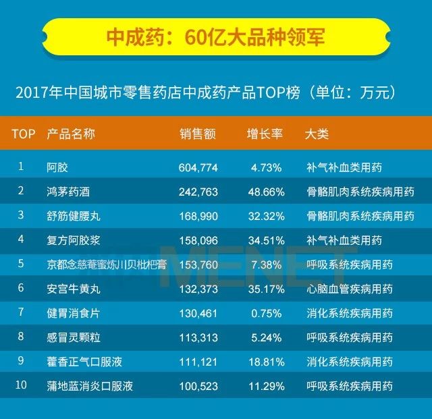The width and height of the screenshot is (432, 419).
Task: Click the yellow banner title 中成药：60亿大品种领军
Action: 215,36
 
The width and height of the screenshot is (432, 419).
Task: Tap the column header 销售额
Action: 198,134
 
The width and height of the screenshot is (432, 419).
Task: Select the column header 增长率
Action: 265,134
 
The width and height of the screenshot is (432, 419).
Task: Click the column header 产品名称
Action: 71,134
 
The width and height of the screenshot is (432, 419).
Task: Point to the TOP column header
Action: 24,134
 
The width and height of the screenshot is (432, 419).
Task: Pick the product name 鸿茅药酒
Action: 68,192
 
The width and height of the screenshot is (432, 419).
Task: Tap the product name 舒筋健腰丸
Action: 74,216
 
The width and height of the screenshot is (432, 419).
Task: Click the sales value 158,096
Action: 198,240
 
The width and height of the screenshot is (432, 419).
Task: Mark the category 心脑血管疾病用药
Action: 349,289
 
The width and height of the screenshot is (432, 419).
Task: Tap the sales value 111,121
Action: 198,362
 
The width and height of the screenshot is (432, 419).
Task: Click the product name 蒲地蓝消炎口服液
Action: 90,387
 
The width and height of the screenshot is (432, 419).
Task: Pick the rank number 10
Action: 22,386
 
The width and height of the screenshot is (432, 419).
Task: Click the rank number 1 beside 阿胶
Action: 21,167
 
